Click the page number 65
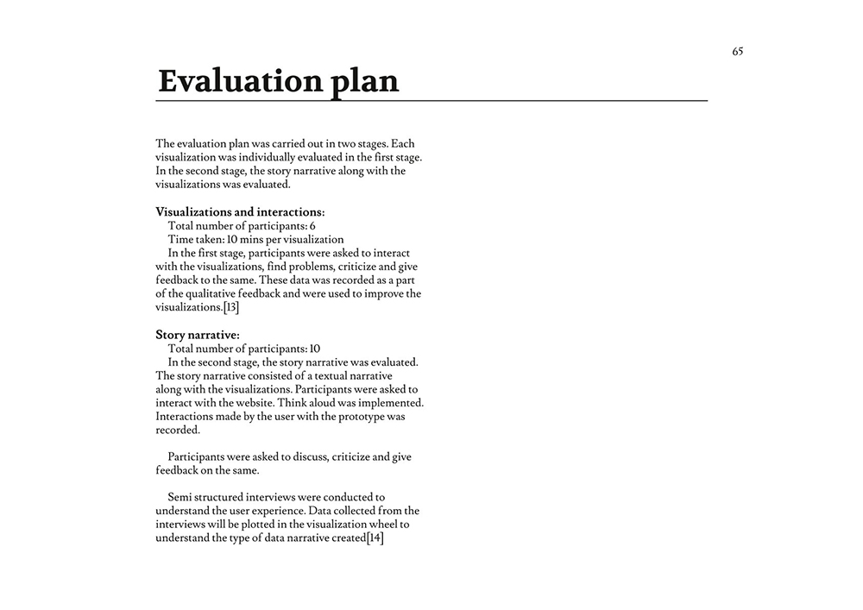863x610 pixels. tap(738, 52)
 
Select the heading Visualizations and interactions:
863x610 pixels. tap(240, 211)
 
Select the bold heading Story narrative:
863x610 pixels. tap(198, 335)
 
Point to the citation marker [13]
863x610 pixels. tap(230, 308)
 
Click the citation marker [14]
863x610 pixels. tap(375, 538)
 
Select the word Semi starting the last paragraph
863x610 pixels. tap(181, 498)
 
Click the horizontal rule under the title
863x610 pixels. tap(431, 101)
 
